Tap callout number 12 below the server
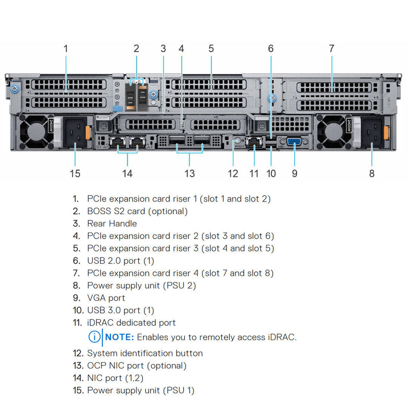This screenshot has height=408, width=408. (x=233, y=173)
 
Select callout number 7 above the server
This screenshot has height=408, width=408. (x=331, y=48)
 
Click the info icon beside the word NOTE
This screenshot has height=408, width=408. (x=94, y=337)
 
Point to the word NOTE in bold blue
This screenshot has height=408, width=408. (x=120, y=337)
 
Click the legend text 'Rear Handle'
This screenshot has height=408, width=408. (x=112, y=223)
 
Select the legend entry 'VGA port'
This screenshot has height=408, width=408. (x=106, y=298)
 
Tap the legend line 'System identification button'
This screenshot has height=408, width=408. (x=145, y=353)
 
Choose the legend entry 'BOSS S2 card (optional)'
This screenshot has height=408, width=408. (x=137, y=211)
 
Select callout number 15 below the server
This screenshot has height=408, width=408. (x=75, y=173)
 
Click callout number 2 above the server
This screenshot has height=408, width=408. (x=136, y=48)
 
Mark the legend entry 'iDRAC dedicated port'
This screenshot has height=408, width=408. (x=131, y=323)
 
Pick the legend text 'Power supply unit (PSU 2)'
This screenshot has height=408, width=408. (x=141, y=286)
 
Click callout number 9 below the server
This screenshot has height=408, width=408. (x=294, y=173)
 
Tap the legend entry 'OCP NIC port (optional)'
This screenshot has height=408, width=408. (x=137, y=366)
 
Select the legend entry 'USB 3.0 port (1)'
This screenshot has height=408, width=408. (x=120, y=310)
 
